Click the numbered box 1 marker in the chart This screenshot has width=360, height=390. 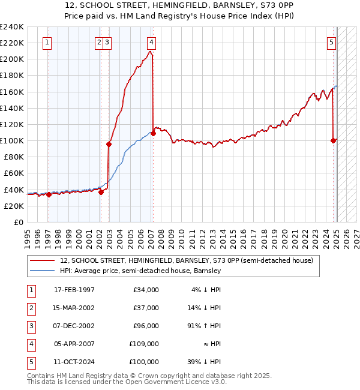[x=47, y=43]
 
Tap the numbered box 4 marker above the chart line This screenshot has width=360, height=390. [x=152, y=43]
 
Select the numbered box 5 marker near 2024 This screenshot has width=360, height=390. [x=332, y=43]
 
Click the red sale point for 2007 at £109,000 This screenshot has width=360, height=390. [x=153, y=133]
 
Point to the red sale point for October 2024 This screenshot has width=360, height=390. [x=333, y=141]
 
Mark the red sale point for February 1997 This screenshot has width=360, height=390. [x=49, y=194]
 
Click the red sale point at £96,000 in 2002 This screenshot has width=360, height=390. [x=109, y=144]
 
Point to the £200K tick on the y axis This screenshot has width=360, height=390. [x=12, y=59]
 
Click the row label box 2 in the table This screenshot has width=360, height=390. [x=31, y=308]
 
